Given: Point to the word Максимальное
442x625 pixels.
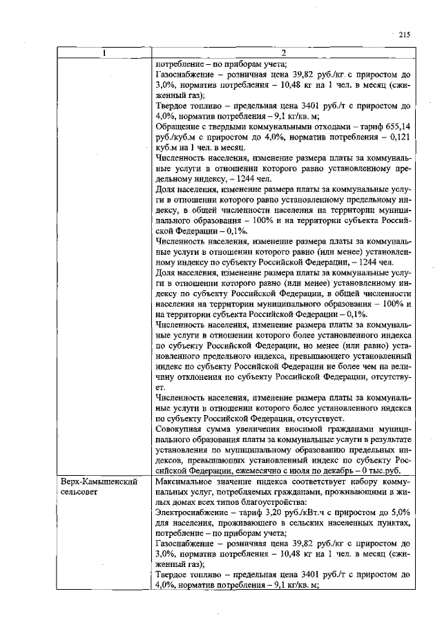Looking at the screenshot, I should tap(186, 480).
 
